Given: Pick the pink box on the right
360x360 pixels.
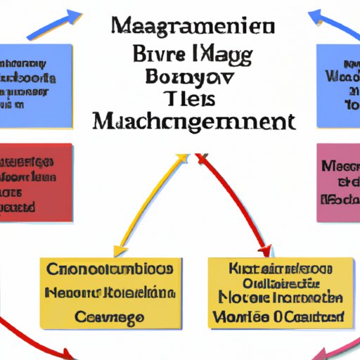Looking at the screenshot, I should click(338, 179).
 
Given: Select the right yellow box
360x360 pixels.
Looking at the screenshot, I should click(281, 292).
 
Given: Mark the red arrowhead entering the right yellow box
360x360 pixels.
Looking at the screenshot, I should click(264, 250).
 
